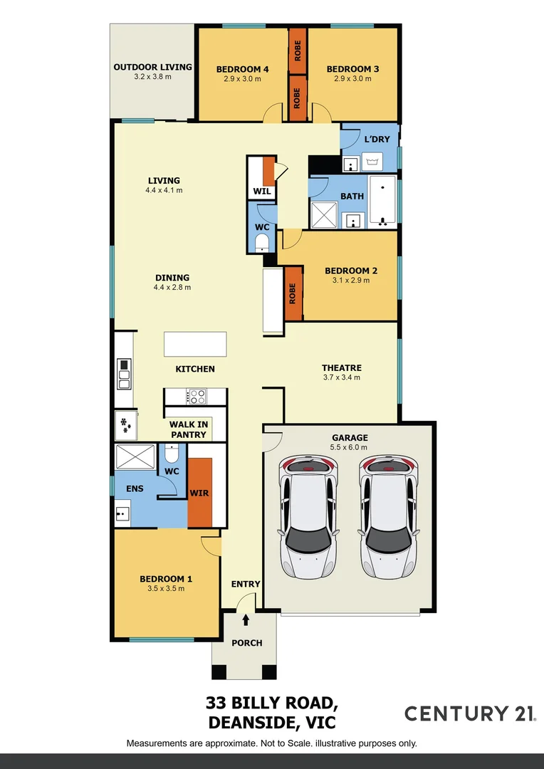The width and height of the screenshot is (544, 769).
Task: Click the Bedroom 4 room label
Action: coord(242,69)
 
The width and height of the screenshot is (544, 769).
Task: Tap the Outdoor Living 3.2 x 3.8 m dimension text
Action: coord(152,77)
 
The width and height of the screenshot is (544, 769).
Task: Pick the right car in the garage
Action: coord(387,510)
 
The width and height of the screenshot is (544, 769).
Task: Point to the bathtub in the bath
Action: coord(383,202)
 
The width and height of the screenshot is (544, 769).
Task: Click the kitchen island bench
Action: coord(195,344)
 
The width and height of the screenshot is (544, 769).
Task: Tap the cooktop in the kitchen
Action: coord(196,397)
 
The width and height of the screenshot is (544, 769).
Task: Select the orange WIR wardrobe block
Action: coord(199,492)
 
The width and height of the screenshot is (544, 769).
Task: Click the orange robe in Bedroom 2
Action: coord(293,293)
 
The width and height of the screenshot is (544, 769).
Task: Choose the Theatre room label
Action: coord(342,368)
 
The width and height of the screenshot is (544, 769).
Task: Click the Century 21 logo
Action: coord(470,713)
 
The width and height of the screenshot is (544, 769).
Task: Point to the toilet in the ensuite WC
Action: coord(172,454)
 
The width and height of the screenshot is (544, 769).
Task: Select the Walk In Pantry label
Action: coord(188,429)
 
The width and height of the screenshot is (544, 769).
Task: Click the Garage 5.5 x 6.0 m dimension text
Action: coord(350,447)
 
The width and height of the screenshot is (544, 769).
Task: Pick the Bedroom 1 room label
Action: coord(165,579)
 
